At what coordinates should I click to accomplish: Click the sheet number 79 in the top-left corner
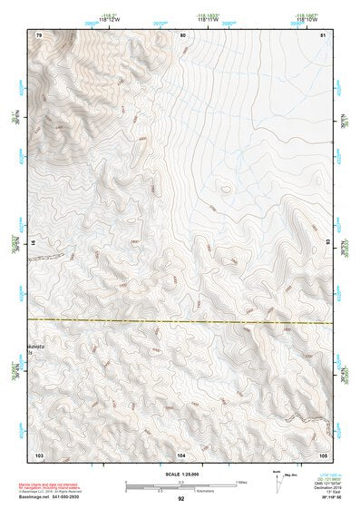[39, 34]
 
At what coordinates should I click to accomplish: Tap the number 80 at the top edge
[182, 34]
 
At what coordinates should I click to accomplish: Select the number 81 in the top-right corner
[323, 34]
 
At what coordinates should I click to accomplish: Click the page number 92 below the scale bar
[181, 498]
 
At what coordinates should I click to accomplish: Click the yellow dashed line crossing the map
[181, 321]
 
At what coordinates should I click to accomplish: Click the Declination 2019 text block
[324, 484]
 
